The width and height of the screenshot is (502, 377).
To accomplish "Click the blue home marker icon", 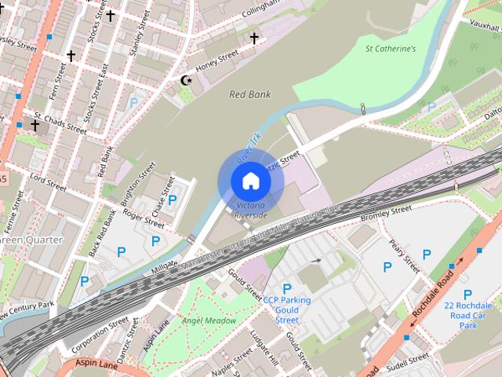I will click(250, 181).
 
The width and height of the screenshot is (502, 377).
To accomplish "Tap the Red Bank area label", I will click(249, 94).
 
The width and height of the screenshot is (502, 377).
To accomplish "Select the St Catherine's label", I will click(390, 49).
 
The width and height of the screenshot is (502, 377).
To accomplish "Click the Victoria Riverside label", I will click(251, 210).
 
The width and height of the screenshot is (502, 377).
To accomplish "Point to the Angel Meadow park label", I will click(209, 320).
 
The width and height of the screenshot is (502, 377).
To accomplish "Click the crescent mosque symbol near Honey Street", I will click(187, 80).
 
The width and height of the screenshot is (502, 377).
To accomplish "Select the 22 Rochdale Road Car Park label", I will click(467, 315).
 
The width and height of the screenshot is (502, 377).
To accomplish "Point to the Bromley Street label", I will click(386, 213).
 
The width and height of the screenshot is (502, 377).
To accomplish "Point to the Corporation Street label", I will click(100, 333).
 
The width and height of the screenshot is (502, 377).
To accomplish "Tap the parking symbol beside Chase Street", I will click(173, 200).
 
